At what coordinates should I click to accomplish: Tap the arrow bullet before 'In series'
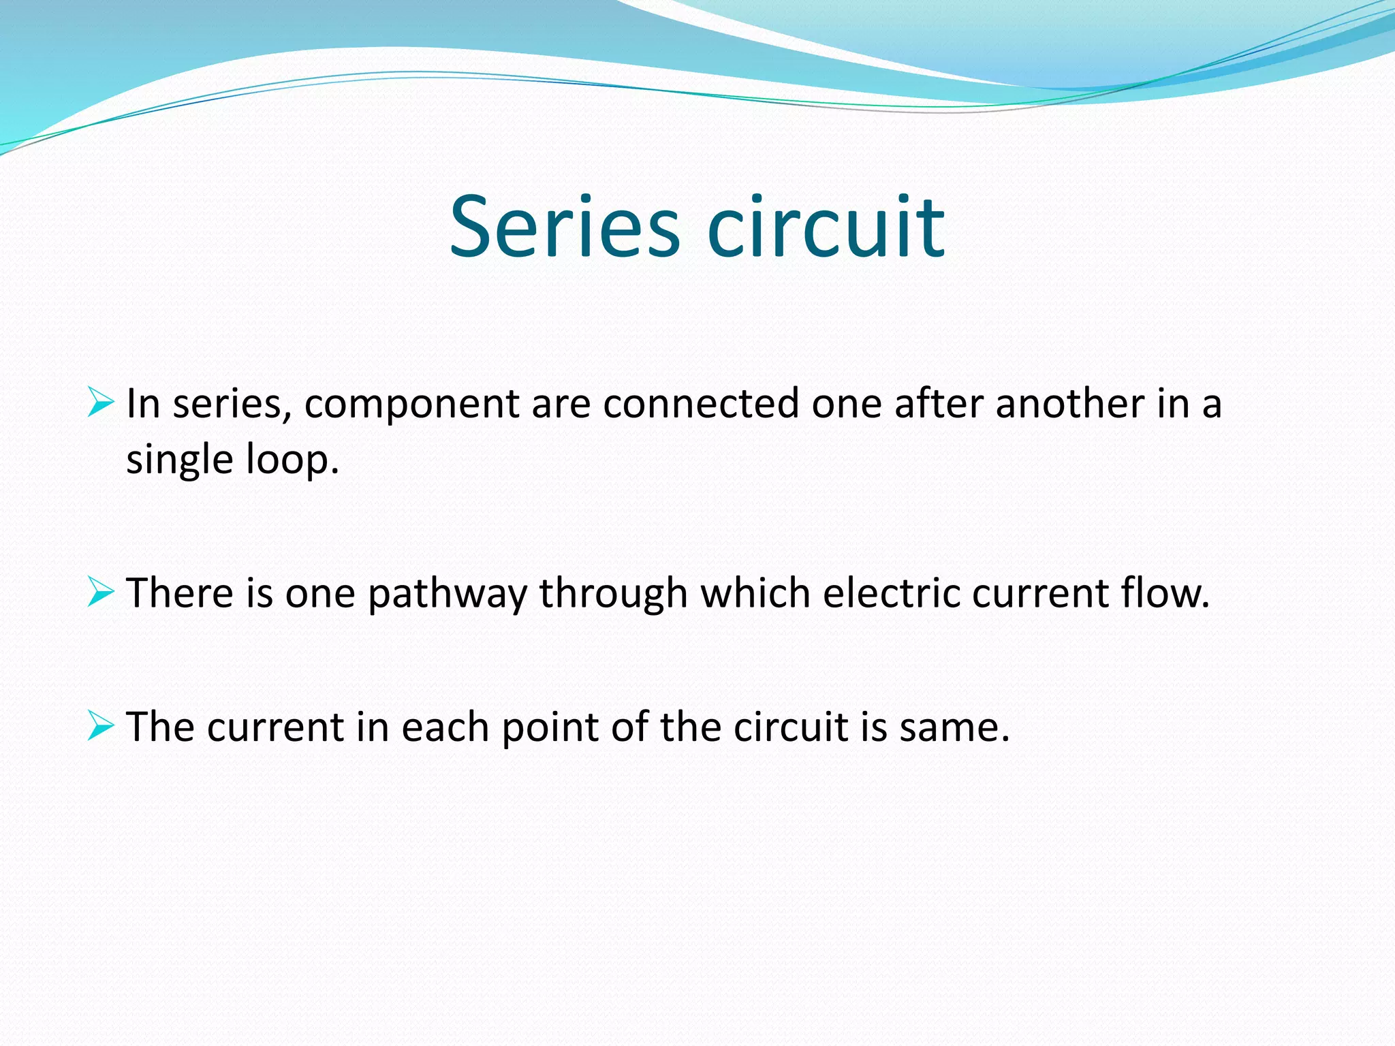pyautogui.click(x=101, y=402)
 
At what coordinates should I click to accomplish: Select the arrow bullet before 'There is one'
pyautogui.click(x=101, y=591)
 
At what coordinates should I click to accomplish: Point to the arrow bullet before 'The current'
pyautogui.click(x=101, y=725)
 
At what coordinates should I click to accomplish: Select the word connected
pyautogui.click(x=701, y=404)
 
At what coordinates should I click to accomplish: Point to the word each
pyautogui.click(x=445, y=727)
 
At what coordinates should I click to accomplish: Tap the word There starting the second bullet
pyautogui.click(x=181, y=592)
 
